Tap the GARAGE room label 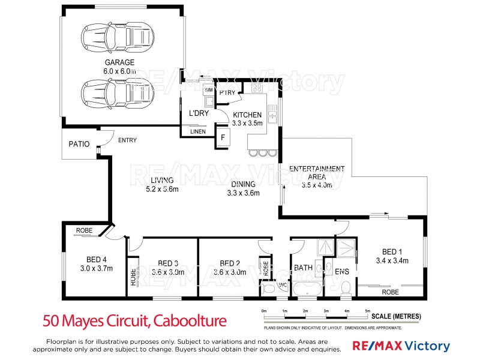(x=120, y=62)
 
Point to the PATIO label (x=79, y=144)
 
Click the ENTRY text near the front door (x=127, y=140)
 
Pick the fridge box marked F (x=223, y=137)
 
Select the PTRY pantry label (x=227, y=92)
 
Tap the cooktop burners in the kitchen (x=257, y=89)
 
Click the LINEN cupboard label (x=198, y=131)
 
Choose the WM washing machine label (x=209, y=90)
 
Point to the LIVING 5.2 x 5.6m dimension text (x=162, y=190)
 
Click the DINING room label (x=242, y=184)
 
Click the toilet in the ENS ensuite (x=345, y=289)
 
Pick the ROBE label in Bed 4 (x=83, y=230)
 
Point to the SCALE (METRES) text (x=396, y=316)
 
